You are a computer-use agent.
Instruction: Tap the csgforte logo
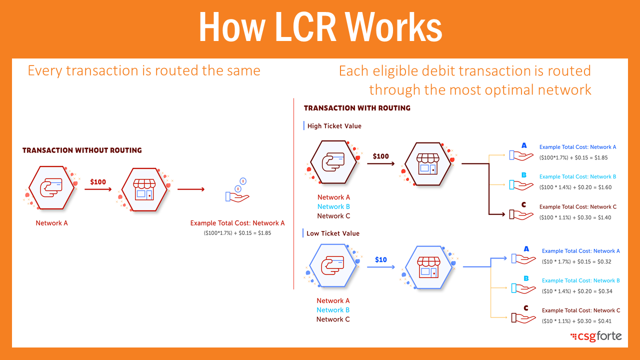[596, 336]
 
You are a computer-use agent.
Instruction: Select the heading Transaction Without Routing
[82, 150]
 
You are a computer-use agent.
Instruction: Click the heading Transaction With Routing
[357, 108]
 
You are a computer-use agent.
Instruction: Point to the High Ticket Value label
[334, 126]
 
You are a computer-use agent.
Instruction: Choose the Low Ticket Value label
[333, 233]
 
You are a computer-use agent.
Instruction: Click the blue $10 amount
[381, 259]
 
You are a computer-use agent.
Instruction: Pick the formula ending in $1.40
[575, 217]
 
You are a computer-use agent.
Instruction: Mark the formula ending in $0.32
[576, 261]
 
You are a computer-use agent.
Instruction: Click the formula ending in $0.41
[576, 321]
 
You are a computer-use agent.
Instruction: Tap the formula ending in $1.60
[575, 187]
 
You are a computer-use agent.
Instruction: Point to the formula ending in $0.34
[577, 291]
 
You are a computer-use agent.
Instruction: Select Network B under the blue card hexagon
[333, 310]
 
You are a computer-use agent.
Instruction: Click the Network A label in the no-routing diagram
[51, 223]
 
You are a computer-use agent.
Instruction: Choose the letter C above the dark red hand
[524, 204]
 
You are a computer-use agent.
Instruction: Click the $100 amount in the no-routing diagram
[98, 182]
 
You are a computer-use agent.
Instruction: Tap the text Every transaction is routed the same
[144, 70]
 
